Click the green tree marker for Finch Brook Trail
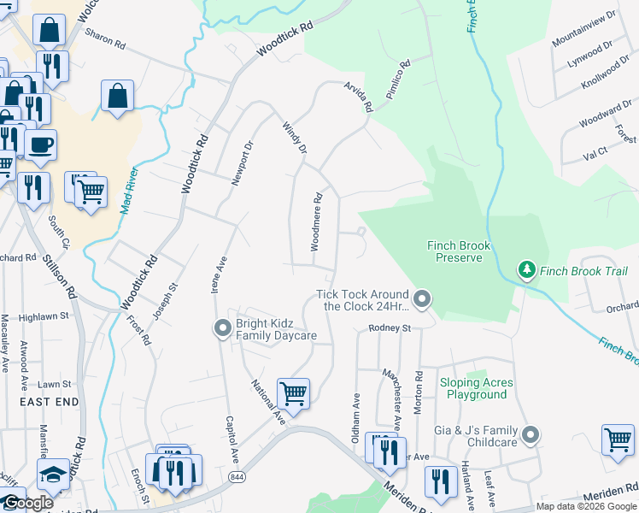[527, 271]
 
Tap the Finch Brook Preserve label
[460, 251]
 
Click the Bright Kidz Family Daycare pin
[222, 328]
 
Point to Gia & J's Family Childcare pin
[531, 435]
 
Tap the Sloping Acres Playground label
[473, 389]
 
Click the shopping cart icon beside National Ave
[293, 393]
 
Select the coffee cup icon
[40, 144]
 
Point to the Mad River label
[129, 192]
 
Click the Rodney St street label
[390, 328]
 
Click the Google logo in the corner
[27, 503]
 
